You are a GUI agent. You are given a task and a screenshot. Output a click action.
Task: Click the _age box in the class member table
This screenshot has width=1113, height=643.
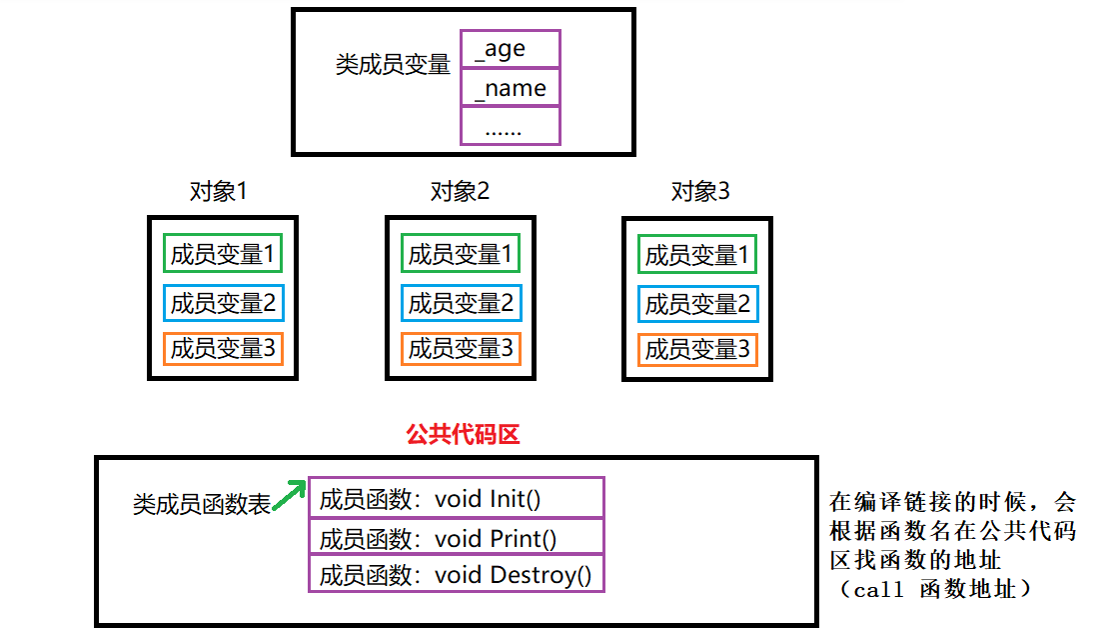510,49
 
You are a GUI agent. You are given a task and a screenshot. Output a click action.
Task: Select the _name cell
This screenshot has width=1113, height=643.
510,88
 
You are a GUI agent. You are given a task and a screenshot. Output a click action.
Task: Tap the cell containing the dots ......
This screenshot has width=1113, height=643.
510,127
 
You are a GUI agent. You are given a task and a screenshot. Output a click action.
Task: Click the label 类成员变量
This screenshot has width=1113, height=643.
393,66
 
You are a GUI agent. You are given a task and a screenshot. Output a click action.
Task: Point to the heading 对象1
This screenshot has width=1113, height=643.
218,191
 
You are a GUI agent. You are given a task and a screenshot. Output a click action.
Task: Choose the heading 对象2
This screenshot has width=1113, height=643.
460,191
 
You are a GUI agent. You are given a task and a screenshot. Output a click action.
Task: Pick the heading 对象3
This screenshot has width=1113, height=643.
699,191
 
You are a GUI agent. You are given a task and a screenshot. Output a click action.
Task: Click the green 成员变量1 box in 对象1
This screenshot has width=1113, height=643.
223,254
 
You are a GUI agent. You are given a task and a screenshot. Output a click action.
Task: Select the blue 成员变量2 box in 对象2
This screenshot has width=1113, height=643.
461,302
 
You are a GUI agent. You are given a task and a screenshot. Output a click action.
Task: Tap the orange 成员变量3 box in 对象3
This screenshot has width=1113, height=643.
697,349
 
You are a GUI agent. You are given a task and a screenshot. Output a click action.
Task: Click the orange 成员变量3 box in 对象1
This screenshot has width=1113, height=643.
223,348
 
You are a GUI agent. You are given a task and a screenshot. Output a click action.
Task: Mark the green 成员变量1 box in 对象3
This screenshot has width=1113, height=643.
697,255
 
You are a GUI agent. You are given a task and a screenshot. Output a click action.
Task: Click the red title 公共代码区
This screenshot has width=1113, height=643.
463,434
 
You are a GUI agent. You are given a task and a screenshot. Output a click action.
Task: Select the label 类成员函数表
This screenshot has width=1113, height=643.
202,505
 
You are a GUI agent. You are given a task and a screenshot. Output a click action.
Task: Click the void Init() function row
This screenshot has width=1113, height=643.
457,498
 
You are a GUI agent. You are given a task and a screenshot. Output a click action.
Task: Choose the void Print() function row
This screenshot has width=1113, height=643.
457,538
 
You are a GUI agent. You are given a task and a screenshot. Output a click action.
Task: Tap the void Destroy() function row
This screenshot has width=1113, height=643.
457,575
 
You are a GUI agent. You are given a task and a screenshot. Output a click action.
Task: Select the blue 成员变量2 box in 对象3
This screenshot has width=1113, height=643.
697,303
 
